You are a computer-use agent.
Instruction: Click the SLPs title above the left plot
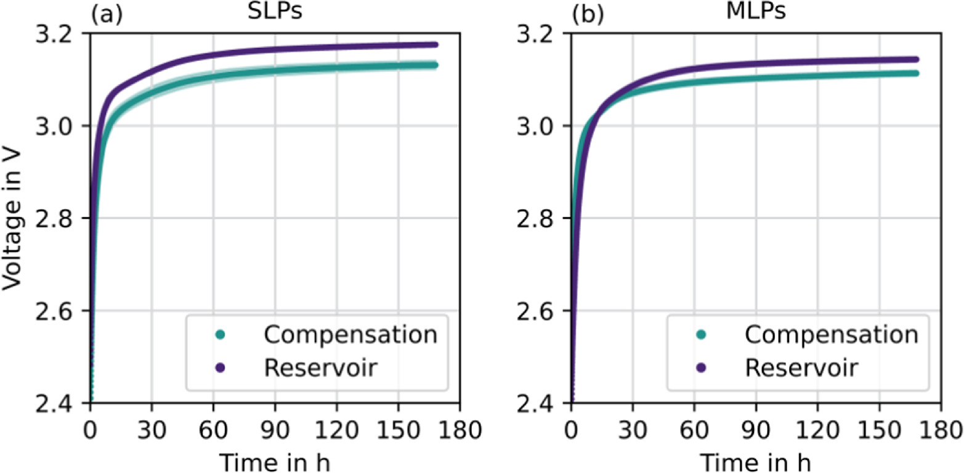click(273, 12)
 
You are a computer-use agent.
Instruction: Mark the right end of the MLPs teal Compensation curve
click(916, 73)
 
